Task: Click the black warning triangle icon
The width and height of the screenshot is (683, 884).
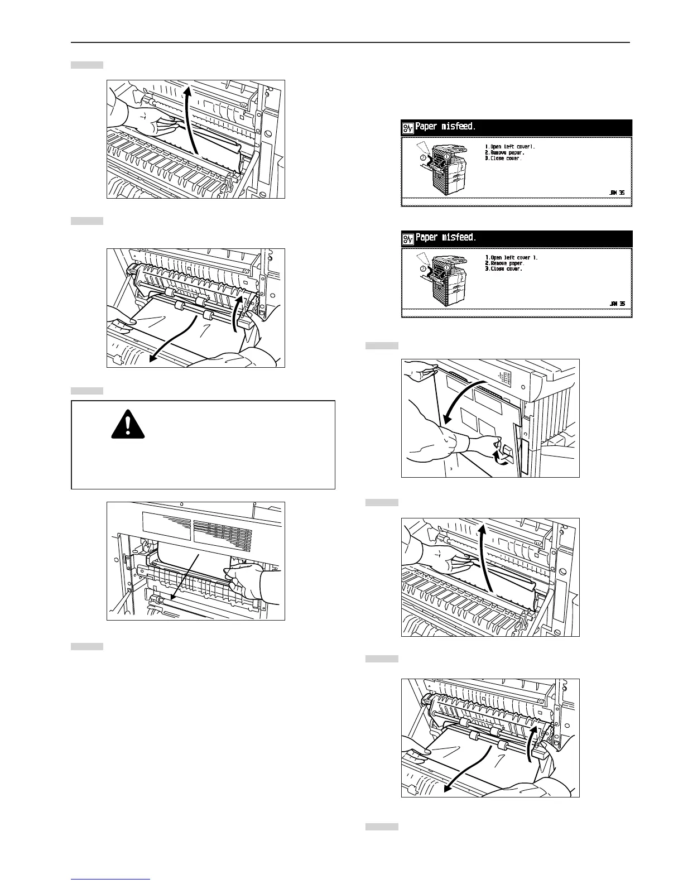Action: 128,425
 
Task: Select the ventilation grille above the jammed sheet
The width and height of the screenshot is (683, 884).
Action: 222,532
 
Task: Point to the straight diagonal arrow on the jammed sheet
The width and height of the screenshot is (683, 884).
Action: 185,578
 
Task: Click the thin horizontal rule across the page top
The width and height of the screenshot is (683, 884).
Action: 350,42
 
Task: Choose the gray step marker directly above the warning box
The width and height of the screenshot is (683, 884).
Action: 87,391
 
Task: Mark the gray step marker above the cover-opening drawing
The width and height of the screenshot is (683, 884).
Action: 382,346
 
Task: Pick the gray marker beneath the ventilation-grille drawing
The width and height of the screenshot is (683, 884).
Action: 87,646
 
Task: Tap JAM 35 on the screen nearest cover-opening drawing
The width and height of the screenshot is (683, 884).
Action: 617,304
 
